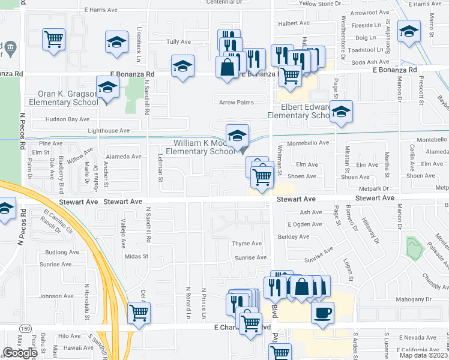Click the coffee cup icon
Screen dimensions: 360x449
click(323, 312)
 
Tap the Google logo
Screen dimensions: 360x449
click(19, 353)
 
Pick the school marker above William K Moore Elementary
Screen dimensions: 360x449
click(237, 134)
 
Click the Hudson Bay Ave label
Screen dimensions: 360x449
click(69, 119)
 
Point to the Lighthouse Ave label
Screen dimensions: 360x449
click(109, 130)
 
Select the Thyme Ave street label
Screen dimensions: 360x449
click(247, 244)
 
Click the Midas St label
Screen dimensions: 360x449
click(136, 256)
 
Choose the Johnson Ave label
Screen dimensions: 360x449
click(56, 296)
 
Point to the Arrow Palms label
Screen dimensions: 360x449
click(237, 103)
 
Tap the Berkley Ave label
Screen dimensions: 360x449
click(294, 237)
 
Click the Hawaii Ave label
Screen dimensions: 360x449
click(79, 347)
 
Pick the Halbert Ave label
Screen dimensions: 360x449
click(294, 23)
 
